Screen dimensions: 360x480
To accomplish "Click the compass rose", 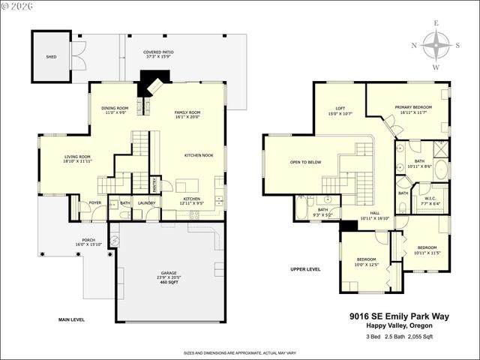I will (x=436, y=45).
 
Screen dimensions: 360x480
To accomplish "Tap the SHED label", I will (x=50, y=55).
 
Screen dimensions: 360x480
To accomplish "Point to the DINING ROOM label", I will (x=115, y=108).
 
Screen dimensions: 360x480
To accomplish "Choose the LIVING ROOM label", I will (x=77, y=157).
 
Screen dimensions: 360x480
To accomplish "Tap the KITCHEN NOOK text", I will (x=199, y=155).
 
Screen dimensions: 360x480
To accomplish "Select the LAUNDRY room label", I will (x=146, y=202).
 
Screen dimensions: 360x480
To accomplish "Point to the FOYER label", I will (x=95, y=202).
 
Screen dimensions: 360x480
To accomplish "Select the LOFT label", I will (x=340, y=109).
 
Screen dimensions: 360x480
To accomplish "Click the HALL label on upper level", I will (x=374, y=213).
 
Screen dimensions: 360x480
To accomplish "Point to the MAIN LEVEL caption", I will (x=71, y=319).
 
